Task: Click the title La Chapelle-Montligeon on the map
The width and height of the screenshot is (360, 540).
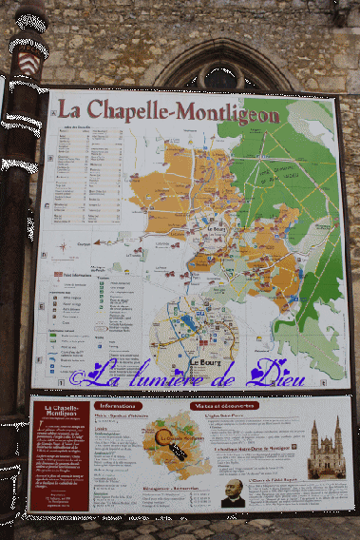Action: [167, 111]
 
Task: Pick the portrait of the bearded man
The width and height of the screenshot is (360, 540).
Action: [233, 492]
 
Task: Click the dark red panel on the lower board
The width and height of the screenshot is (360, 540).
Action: [59, 454]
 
